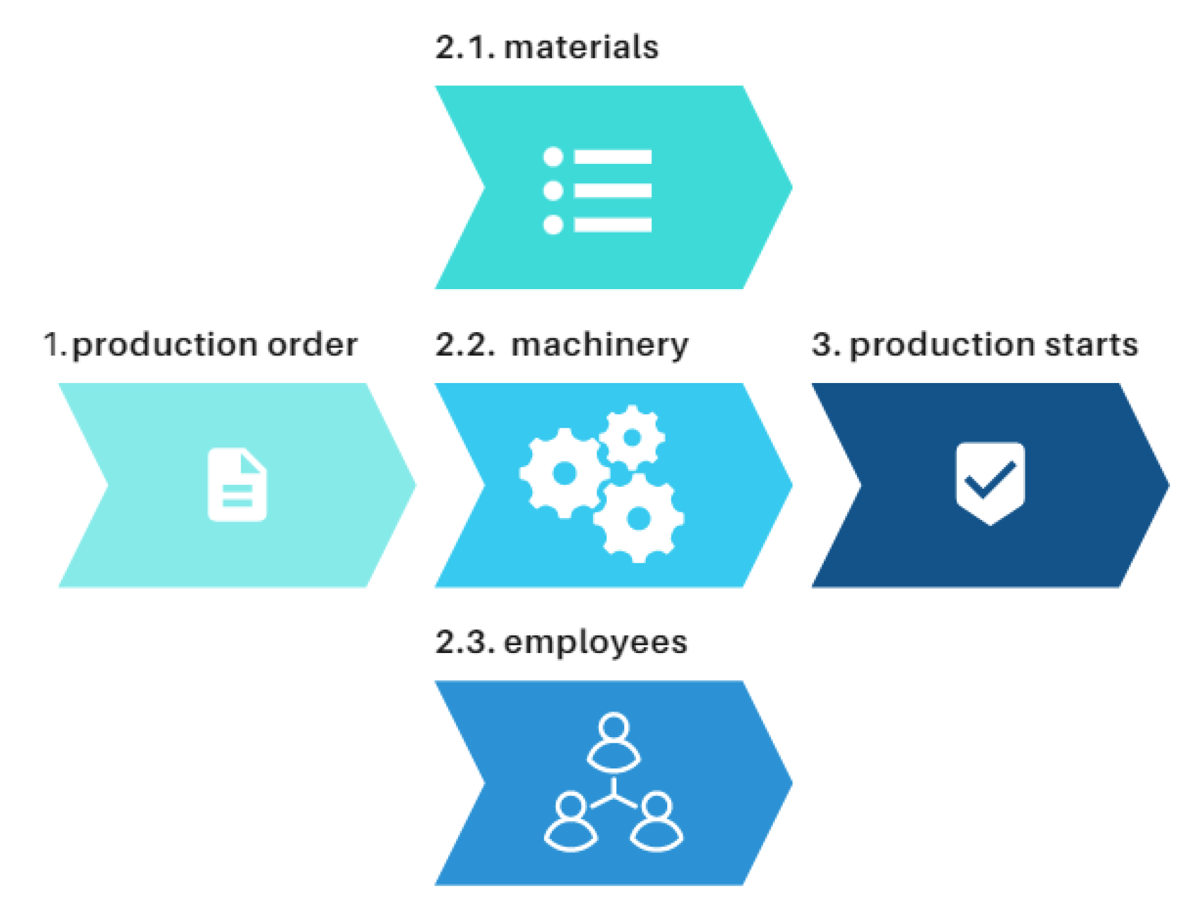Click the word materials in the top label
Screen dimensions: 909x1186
(581, 47)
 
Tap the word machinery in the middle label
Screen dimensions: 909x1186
(599, 345)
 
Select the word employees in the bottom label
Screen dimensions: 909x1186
(595, 643)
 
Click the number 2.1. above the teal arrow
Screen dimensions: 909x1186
(465, 47)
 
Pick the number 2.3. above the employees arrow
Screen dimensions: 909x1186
(465, 643)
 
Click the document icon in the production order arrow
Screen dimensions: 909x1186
(237, 485)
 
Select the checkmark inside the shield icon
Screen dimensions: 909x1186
(990, 481)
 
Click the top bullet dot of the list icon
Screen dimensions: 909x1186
(553, 157)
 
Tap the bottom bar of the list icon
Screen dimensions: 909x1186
(612, 225)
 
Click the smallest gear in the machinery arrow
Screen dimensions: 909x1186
(632, 438)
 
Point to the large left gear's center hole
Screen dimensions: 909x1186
(564, 473)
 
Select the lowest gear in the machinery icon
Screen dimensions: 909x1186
(638, 519)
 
